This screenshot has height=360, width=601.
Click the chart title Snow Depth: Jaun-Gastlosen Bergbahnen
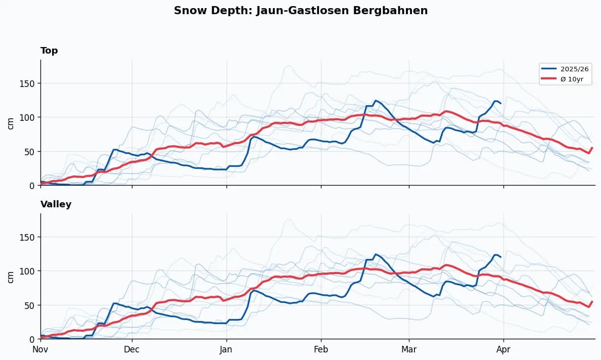pos(301,11)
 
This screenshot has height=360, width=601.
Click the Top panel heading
pos(49,51)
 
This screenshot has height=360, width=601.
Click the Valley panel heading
pos(56,204)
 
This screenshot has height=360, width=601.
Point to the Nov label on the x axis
pos(40,349)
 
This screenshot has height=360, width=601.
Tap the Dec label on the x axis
pos(132,349)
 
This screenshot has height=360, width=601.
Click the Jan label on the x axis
pos(226,349)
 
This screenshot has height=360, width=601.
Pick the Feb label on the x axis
pos(321,349)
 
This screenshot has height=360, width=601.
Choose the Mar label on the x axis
pos(409,349)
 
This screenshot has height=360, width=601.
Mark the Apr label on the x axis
pos(503,349)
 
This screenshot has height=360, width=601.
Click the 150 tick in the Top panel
pos(30,83)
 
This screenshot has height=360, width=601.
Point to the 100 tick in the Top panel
pos(30,117)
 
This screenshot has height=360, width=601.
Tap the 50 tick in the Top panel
pos(32,152)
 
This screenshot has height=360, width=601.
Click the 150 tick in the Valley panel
pos(30,237)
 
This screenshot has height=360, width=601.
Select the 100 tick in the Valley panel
pos(30,271)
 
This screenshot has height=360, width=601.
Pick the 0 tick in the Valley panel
pos(34,339)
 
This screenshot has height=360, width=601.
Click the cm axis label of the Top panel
pos(11,123)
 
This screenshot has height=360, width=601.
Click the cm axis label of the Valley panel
pos(11,277)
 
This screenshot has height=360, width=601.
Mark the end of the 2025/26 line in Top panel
pos(500,103)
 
